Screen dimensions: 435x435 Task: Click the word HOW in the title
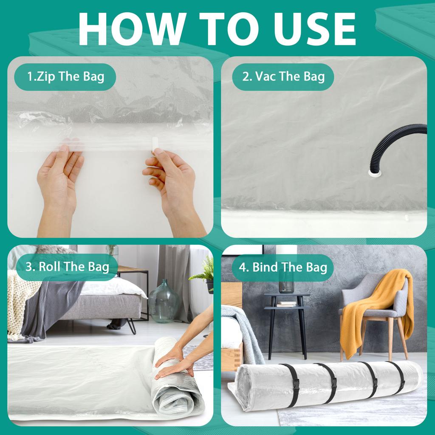(120, 28)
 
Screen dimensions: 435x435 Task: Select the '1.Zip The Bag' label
(65, 77)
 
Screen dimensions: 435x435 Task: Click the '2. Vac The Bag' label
(283, 77)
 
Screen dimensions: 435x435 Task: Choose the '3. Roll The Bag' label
(67, 267)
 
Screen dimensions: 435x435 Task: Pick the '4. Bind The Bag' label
(283, 267)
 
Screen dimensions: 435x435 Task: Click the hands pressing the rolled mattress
(174, 363)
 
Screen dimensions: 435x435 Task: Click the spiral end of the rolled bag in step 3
(172, 397)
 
